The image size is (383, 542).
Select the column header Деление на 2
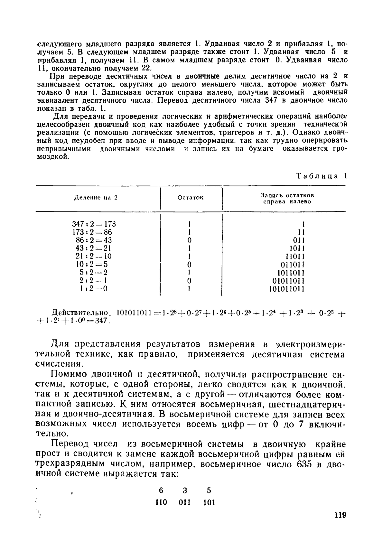[96, 198]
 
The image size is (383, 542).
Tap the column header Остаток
[191, 198]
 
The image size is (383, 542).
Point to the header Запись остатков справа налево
[287, 199]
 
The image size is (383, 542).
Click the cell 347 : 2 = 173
[94, 224]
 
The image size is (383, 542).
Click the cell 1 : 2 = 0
[94, 289]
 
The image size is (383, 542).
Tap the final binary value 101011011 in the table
[286, 289]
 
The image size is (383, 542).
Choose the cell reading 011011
[293, 265]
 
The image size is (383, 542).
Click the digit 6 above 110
[161, 491]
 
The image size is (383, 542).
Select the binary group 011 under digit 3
[185, 502]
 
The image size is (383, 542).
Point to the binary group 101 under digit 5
[209, 502]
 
